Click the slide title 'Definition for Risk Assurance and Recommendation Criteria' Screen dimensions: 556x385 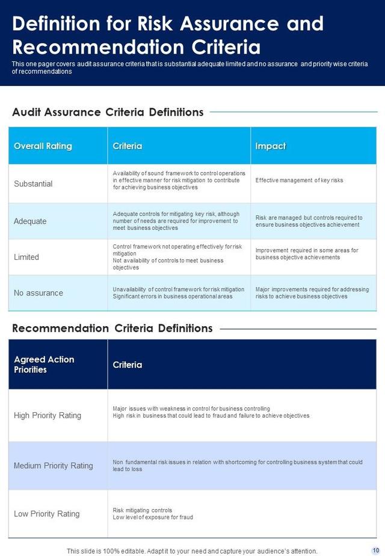168,35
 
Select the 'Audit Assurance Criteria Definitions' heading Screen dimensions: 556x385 108,112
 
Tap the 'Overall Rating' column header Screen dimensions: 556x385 43,146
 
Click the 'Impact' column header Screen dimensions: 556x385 270,146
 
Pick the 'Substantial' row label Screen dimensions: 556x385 33,184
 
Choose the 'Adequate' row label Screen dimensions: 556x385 30,221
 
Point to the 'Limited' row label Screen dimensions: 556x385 26,257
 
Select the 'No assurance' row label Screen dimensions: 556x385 38,293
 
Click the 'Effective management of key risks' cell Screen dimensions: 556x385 299,180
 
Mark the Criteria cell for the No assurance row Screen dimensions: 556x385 178,293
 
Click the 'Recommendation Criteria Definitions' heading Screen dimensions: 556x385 112,329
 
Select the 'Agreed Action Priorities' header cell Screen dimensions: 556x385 44,365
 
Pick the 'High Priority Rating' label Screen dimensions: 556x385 48,415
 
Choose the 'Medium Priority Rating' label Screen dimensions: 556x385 54,466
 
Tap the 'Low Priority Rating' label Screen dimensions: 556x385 47,514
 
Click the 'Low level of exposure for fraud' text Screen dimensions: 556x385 153,517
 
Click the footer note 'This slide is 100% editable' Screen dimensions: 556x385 192,551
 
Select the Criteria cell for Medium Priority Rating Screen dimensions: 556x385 238,466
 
